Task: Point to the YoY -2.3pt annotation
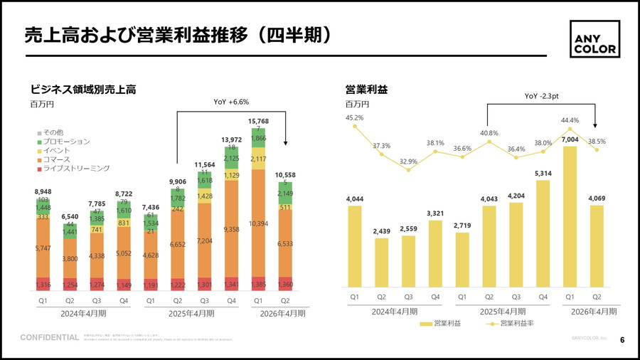click(x=542, y=96)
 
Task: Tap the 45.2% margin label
click(x=354, y=117)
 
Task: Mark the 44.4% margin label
click(x=570, y=120)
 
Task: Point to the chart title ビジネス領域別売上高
click(x=83, y=90)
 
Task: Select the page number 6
click(x=622, y=339)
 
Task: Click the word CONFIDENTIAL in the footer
click(x=49, y=337)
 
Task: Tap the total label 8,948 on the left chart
click(x=43, y=192)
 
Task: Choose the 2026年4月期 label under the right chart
click(x=594, y=312)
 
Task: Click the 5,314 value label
click(x=543, y=173)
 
